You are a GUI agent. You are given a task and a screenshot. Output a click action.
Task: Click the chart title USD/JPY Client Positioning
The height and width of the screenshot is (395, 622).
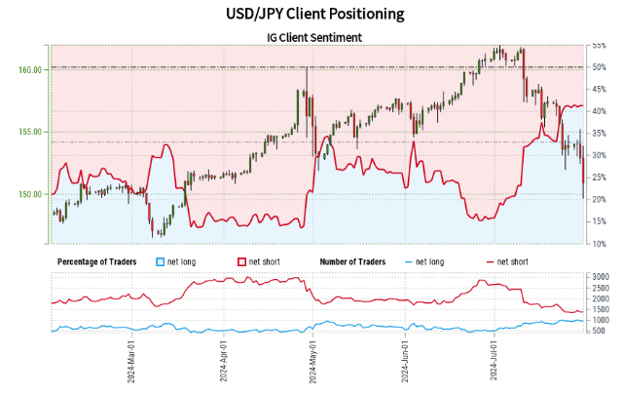pyautogui.click(x=311, y=15)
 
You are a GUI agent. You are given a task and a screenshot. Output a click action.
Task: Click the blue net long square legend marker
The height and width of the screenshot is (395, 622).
pyautogui.click(x=162, y=261)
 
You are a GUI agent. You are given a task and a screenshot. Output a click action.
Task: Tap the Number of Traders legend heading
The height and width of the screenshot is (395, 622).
pyautogui.click(x=356, y=261)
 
